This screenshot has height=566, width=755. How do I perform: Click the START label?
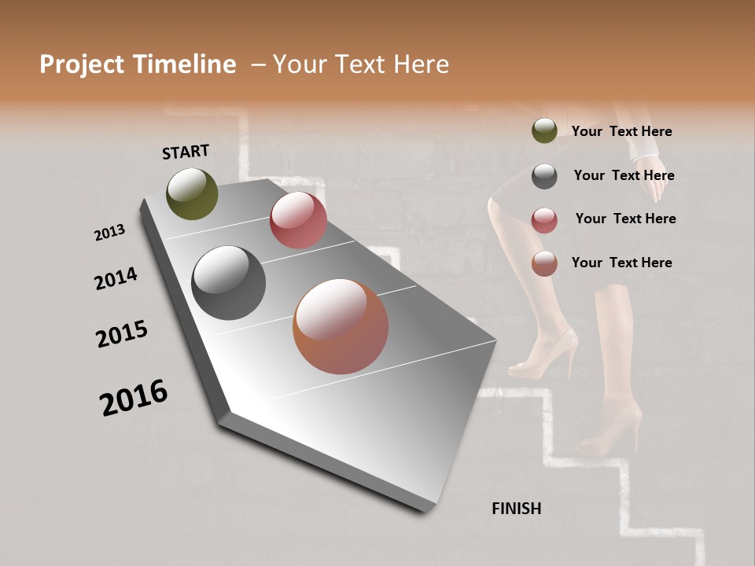point(186,152)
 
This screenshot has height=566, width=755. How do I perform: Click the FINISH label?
point(516,509)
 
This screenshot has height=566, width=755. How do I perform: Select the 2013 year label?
point(110,233)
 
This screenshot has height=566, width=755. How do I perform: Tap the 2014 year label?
point(116,278)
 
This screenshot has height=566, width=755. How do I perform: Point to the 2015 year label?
point(122,334)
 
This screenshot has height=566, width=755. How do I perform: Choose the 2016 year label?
point(134,398)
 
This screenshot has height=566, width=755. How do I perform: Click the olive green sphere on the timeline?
point(192,193)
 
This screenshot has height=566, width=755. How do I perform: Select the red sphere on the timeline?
point(298,220)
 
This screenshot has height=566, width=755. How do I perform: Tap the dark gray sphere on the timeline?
point(228,283)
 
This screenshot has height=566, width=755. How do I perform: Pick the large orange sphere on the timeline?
point(341,326)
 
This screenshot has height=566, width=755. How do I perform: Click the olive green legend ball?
point(544,131)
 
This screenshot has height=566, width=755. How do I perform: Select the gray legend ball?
point(544,176)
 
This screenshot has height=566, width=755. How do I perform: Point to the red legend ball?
point(544,220)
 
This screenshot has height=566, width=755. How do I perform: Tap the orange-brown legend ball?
point(544,263)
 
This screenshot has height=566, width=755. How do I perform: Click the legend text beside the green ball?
point(621,132)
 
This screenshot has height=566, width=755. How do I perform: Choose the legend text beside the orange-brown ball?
point(621,263)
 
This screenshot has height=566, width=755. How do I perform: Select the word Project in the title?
point(80,64)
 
